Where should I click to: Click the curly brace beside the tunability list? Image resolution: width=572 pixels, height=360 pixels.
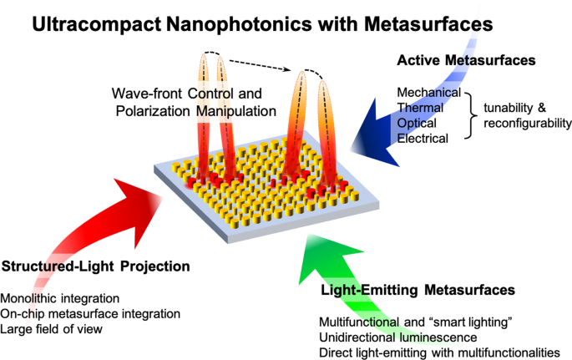point(473,114)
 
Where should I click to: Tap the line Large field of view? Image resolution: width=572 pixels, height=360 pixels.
point(53,328)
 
